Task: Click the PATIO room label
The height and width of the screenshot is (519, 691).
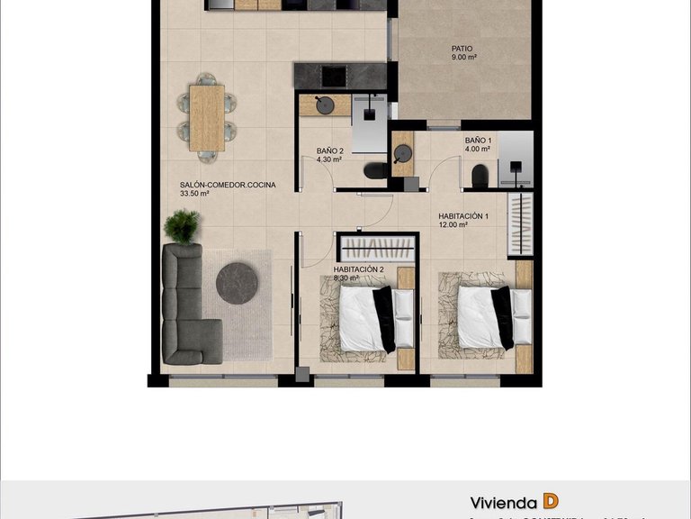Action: coord(462,49)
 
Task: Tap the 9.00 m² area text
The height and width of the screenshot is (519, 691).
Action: coord(464,58)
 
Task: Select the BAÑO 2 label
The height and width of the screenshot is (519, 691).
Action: coord(329,150)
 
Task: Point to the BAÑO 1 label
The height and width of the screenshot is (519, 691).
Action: coord(478,141)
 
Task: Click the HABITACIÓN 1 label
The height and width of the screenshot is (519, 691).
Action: coord(463,216)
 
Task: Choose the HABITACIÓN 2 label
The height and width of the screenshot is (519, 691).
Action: coord(358,269)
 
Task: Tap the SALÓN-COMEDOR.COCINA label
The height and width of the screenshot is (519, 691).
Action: coord(228,185)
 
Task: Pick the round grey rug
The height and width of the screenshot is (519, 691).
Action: coord(237,283)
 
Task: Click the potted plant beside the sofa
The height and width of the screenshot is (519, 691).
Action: coord(183,226)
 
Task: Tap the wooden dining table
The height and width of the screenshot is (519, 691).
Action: coord(207,117)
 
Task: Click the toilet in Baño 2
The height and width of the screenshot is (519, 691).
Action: coord(375,170)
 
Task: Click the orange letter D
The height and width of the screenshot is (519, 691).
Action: coord(551,502)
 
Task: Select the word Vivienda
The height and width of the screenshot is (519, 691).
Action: coord(503,503)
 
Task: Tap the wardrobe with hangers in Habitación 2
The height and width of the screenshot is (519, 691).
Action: coord(378,248)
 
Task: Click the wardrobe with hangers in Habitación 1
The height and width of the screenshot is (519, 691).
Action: coord(520,223)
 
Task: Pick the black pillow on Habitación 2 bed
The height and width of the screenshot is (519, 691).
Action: coord(383,319)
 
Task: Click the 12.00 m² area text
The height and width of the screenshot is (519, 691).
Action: coord(453,225)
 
